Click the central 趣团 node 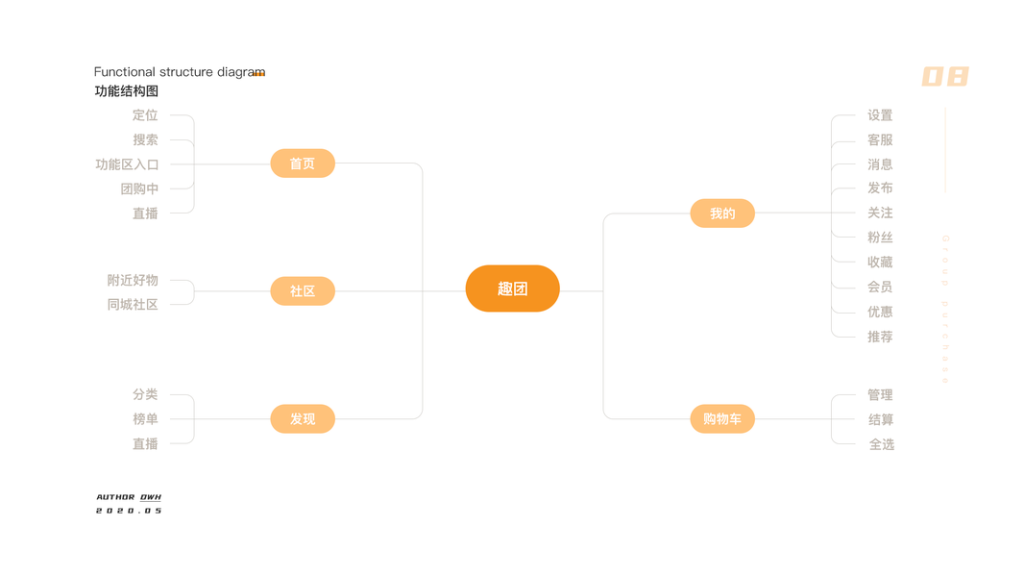[512, 288]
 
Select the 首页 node [303, 163]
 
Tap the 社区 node [303, 290]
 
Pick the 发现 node [303, 419]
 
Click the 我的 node [722, 213]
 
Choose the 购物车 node [722, 419]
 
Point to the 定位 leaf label [145, 115]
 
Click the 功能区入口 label [127, 164]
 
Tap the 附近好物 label [133, 281]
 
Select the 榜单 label [145, 419]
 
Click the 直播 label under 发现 [145, 444]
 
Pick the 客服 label [880, 140]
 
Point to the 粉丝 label [880, 238]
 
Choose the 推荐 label [880, 337]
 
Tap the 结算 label [880, 419]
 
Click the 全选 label [881, 444]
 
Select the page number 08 [945, 77]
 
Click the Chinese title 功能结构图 [126, 91]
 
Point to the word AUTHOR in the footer [115, 497]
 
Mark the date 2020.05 [129, 511]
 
